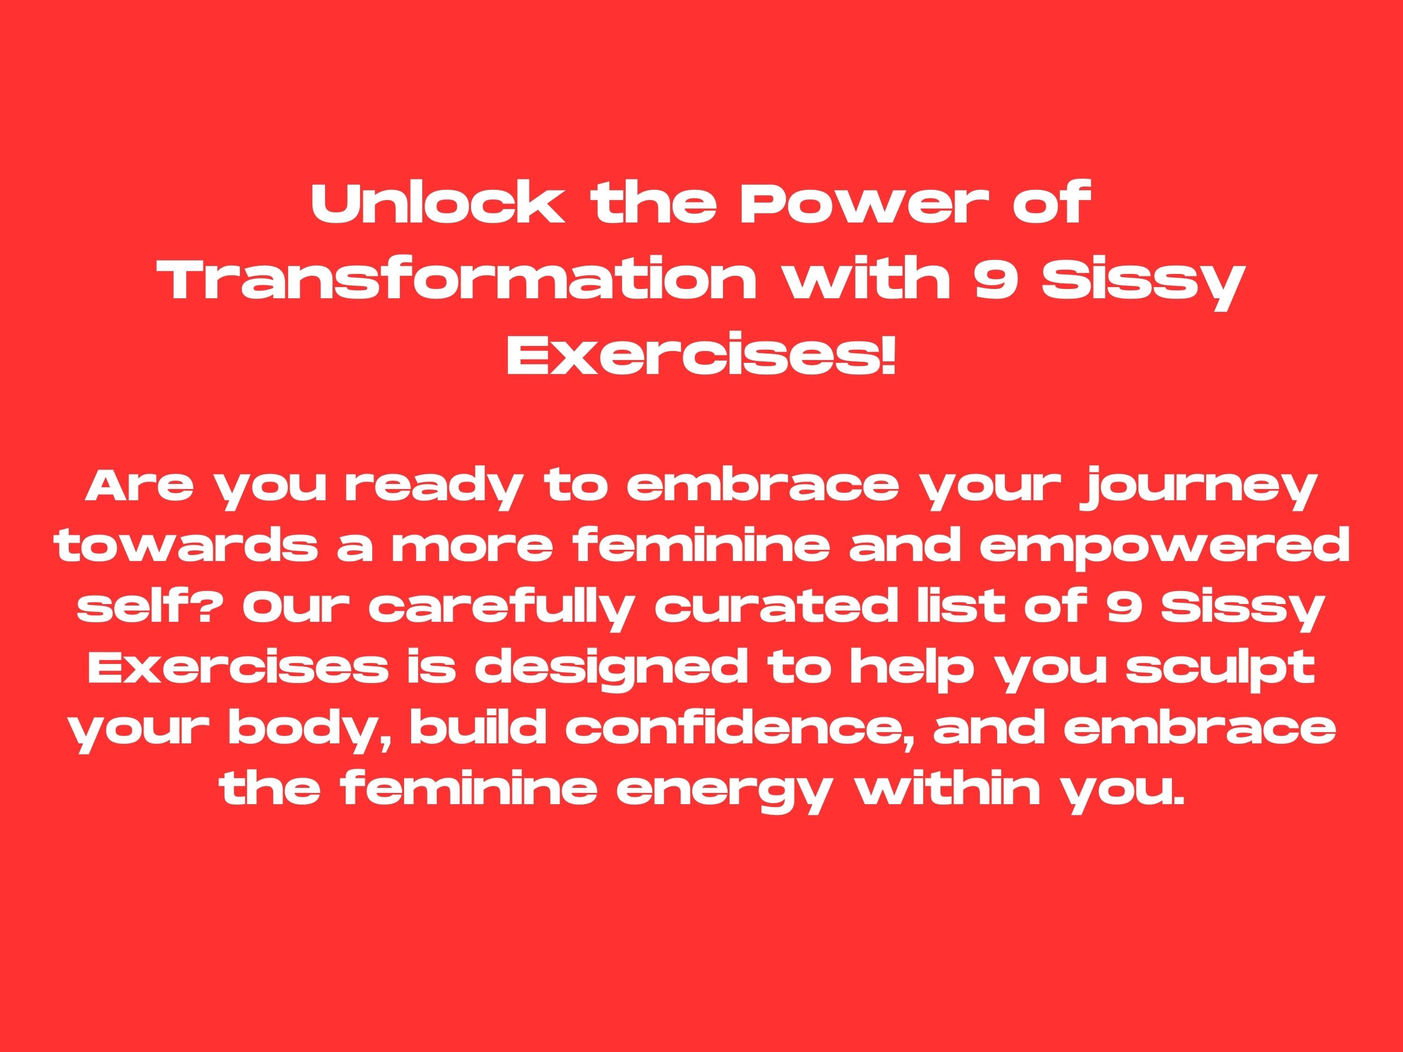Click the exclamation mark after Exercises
pos(889,358)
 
